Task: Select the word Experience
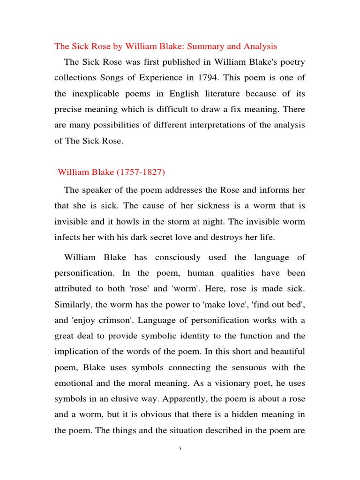pos(168,78)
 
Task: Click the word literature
pos(218,94)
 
